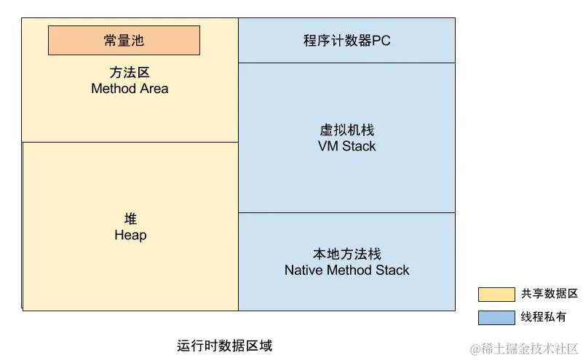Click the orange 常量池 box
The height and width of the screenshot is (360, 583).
click(x=124, y=40)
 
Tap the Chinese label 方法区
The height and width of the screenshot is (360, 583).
click(x=130, y=73)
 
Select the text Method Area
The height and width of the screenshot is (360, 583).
click(x=130, y=89)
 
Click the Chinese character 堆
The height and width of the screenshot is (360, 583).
click(x=130, y=219)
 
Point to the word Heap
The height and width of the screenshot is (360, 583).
click(x=130, y=235)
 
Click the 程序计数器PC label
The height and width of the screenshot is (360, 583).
click(x=347, y=41)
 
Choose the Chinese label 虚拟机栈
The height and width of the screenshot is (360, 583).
click(x=347, y=130)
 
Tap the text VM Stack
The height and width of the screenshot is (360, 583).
click(x=347, y=146)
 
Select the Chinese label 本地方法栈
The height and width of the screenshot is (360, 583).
click(x=347, y=254)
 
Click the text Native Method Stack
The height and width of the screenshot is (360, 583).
click(x=347, y=270)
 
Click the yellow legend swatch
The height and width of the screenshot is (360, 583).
click(x=496, y=295)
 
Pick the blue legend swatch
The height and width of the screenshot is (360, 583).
click(x=496, y=318)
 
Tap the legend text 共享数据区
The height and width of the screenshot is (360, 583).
click(x=550, y=294)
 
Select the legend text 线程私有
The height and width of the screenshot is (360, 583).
click(x=543, y=317)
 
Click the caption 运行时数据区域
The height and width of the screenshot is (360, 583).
click(x=225, y=346)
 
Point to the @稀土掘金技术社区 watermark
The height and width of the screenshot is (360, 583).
click(x=524, y=349)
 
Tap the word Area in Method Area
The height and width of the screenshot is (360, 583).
click(x=154, y=89)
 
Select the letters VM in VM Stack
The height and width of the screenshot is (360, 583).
click(x=328, y=146)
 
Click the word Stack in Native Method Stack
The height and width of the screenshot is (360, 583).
click(x=392, y=270)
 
